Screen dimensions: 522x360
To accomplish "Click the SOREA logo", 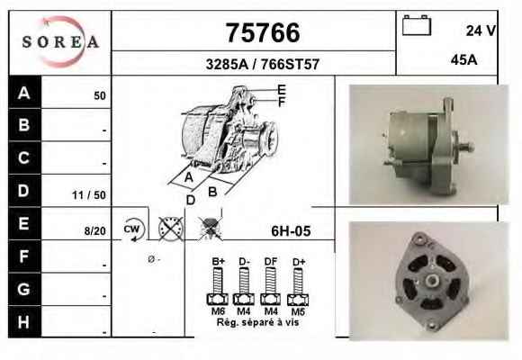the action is [x=60, y=42].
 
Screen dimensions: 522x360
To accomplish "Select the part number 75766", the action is [x=263, y=32].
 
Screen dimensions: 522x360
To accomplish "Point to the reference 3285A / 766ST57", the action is [x=263, y=64].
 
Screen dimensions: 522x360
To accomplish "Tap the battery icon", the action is [x=417, y=25].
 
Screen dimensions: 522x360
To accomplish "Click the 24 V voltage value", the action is [x=481, y=31].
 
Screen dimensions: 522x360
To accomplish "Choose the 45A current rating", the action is [x=464, y=60].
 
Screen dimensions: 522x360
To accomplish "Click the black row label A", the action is [x=24, y=92].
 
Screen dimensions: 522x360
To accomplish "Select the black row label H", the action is [x=24, y=321].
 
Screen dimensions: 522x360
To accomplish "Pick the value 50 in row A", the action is [x=100, y=96].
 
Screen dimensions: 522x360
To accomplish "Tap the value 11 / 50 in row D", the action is [x=89, y=195].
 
